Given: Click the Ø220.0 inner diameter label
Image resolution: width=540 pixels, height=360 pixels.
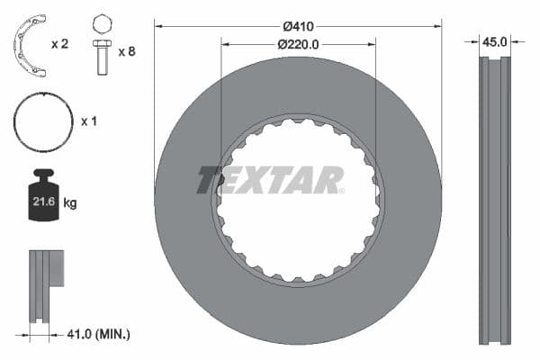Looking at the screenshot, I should (299, 43).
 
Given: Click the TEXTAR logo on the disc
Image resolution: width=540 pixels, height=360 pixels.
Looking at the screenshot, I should (270, 180).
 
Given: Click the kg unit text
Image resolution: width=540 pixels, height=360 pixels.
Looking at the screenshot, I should (69, 203).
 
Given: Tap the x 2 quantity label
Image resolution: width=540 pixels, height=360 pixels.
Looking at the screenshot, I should (60, 42).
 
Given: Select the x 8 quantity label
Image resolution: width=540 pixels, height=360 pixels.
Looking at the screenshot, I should (127, 52).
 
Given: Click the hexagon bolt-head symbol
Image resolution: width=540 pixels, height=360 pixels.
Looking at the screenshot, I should (102, 22).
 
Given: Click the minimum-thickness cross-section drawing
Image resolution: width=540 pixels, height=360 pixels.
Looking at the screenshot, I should (45, 283).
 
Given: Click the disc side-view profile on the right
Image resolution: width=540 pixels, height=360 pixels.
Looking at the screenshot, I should (494, 198).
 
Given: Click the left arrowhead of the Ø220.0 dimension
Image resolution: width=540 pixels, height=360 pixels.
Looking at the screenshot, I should (225, 43).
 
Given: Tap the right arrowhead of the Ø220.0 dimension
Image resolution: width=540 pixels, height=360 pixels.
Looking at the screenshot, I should (372, 43).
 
